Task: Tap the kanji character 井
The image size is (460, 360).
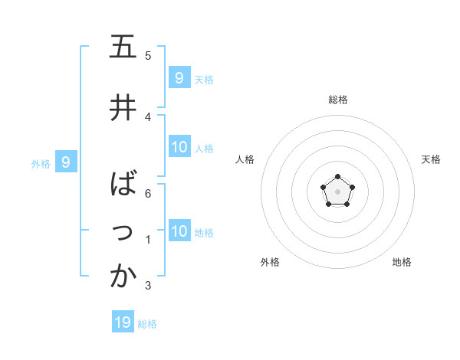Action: (x=123, y=108)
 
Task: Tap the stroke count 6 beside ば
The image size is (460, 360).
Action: (x=148, y=193)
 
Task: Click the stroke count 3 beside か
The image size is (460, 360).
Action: (x=148, y=286)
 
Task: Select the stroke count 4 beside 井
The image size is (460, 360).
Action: (x=148, y=116)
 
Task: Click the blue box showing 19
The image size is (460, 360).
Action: (x=123, y=322)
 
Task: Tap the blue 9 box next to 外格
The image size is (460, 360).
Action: (x=66, y=162)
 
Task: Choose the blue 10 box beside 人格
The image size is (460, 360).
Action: (x=179, y=148)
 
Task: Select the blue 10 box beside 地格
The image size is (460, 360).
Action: (x=179, y=232)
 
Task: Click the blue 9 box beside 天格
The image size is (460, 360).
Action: (x=179, y=77)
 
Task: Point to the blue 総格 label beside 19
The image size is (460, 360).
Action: (x=147, y=324)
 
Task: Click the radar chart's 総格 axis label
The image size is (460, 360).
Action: (x=338, y=100)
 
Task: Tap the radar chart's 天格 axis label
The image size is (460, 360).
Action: (x=432, y=159)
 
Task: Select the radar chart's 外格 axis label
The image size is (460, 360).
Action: (x=270, y=262)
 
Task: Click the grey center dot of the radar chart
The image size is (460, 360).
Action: (x=337, y=191)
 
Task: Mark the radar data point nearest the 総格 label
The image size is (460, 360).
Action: (x=337, y=179)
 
